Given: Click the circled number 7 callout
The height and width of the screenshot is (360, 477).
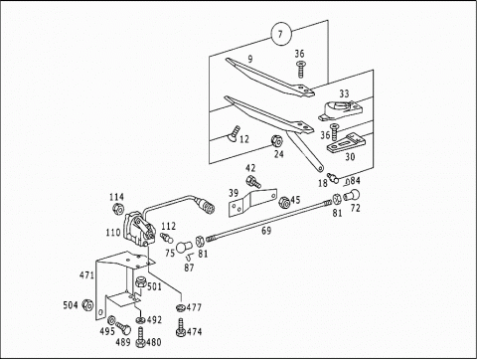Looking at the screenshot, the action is tap(281, 34).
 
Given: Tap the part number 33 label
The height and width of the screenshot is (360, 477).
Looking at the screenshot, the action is tap(344, 93).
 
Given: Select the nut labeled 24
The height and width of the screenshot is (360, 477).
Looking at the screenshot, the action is tap(276, 141).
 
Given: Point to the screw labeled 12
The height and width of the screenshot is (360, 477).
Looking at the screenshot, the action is tap(234, 133).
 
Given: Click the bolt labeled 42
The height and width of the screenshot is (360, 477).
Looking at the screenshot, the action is tap(253, 182).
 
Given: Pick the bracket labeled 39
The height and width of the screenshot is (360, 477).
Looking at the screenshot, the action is tap(252, 202).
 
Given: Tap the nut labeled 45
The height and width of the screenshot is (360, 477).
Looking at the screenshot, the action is tap(284, 203).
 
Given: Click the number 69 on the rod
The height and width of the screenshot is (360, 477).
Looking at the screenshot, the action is tap(266, 231).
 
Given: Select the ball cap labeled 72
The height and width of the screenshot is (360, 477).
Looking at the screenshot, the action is tap(352, 195).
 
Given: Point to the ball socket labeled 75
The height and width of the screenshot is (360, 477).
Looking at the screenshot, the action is tap(183, 247).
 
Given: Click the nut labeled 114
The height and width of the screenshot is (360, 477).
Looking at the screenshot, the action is tap(118, 209).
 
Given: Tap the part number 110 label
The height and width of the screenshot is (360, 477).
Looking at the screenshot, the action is tap(113, 233).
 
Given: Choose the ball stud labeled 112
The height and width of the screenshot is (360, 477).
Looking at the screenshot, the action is tap(167, 237).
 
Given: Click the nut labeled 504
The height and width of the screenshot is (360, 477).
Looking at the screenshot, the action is tap(87, 304).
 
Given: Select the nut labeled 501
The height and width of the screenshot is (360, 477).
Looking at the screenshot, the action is tap(141, 282).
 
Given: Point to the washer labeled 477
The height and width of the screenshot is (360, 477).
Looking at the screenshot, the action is tap(180, 307).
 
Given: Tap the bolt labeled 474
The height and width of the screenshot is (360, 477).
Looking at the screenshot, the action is tap(181, 328).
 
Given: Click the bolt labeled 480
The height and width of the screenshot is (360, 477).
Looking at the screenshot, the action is tap(140, 337).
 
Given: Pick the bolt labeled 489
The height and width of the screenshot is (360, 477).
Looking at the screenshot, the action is tap(123, 328).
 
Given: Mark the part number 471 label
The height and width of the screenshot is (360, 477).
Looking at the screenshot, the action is tap(86, 275).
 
